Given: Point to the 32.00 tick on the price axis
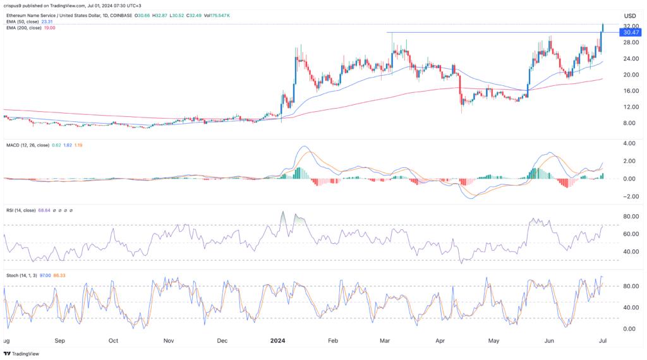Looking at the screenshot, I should (x=629, y=26).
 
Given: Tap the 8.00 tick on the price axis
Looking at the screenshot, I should (x=629, y=123).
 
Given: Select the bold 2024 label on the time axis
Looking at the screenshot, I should (x=277, y=341).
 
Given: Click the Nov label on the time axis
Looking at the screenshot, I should (x=169, y=341).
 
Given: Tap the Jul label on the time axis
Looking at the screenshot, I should (x=603, y=341).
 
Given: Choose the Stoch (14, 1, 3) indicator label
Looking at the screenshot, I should (x=23, y=275).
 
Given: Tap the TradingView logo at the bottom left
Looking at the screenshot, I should (x=21, y=354).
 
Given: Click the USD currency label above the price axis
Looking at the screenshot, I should (x=629, y=16).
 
